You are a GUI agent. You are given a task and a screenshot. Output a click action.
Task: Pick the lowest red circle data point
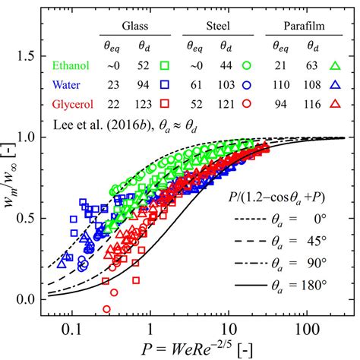(x=106, y=309)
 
